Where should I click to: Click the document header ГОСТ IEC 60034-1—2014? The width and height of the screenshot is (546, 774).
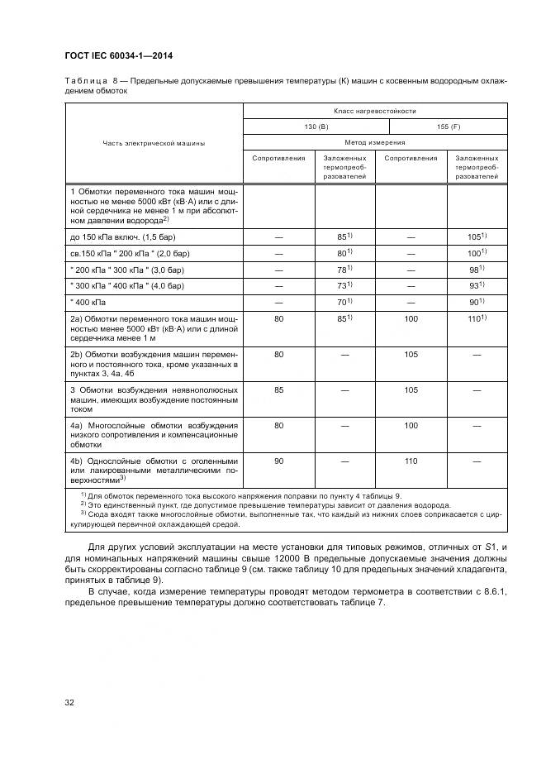click(x=124, y=56)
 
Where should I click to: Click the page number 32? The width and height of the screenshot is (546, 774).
click(x=70, y=703)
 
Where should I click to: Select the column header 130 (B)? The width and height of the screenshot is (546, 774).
click(x=316, y=127)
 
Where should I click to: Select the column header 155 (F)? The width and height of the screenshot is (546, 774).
click(x=448, y=127)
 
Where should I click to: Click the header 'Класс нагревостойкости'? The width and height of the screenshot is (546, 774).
click(x=374, y=110)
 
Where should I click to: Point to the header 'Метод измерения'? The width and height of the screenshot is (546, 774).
click(x=374, y=142)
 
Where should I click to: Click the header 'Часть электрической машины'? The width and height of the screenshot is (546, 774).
click(x=154, y=142)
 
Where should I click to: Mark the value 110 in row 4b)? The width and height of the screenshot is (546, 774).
click(x=411, y=461)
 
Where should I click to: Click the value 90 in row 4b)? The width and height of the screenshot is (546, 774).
click(x=278, y=461)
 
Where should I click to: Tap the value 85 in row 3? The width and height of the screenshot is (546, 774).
click(x=278, y=389)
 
